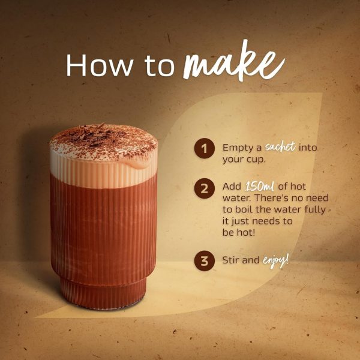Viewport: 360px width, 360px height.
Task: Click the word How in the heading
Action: point(100,65)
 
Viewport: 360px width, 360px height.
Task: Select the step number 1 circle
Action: point(205,148)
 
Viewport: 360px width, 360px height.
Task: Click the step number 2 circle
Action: point(205,188)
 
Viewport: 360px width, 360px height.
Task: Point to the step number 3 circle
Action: point(205,261)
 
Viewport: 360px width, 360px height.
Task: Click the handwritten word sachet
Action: point(280,146)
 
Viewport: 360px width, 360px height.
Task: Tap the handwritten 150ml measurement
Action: point(260,187)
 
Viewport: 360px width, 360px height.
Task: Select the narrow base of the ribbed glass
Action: point(104,293)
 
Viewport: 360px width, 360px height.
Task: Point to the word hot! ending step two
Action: point(246,232)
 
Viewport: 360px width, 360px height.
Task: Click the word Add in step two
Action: point(232,187)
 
